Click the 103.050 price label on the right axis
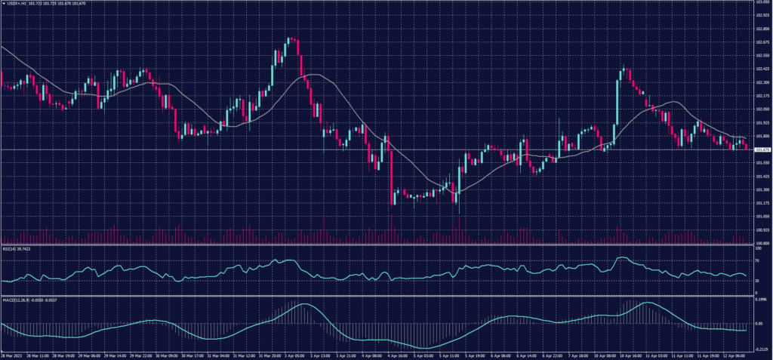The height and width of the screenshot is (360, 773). pos(762,3)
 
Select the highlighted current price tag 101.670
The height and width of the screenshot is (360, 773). pos(762,149)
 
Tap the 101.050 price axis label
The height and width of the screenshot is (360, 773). pos(762,216)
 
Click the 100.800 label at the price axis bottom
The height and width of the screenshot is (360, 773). pos(762,242)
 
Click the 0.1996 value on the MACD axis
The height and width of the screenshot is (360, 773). pos(760,300)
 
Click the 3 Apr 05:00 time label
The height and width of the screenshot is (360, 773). pos(295,355)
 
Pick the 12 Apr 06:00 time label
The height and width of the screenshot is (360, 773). pos(735,355)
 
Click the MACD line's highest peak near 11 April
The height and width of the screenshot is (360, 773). pos(648,303)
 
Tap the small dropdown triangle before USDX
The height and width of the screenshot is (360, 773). pos(4,4)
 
